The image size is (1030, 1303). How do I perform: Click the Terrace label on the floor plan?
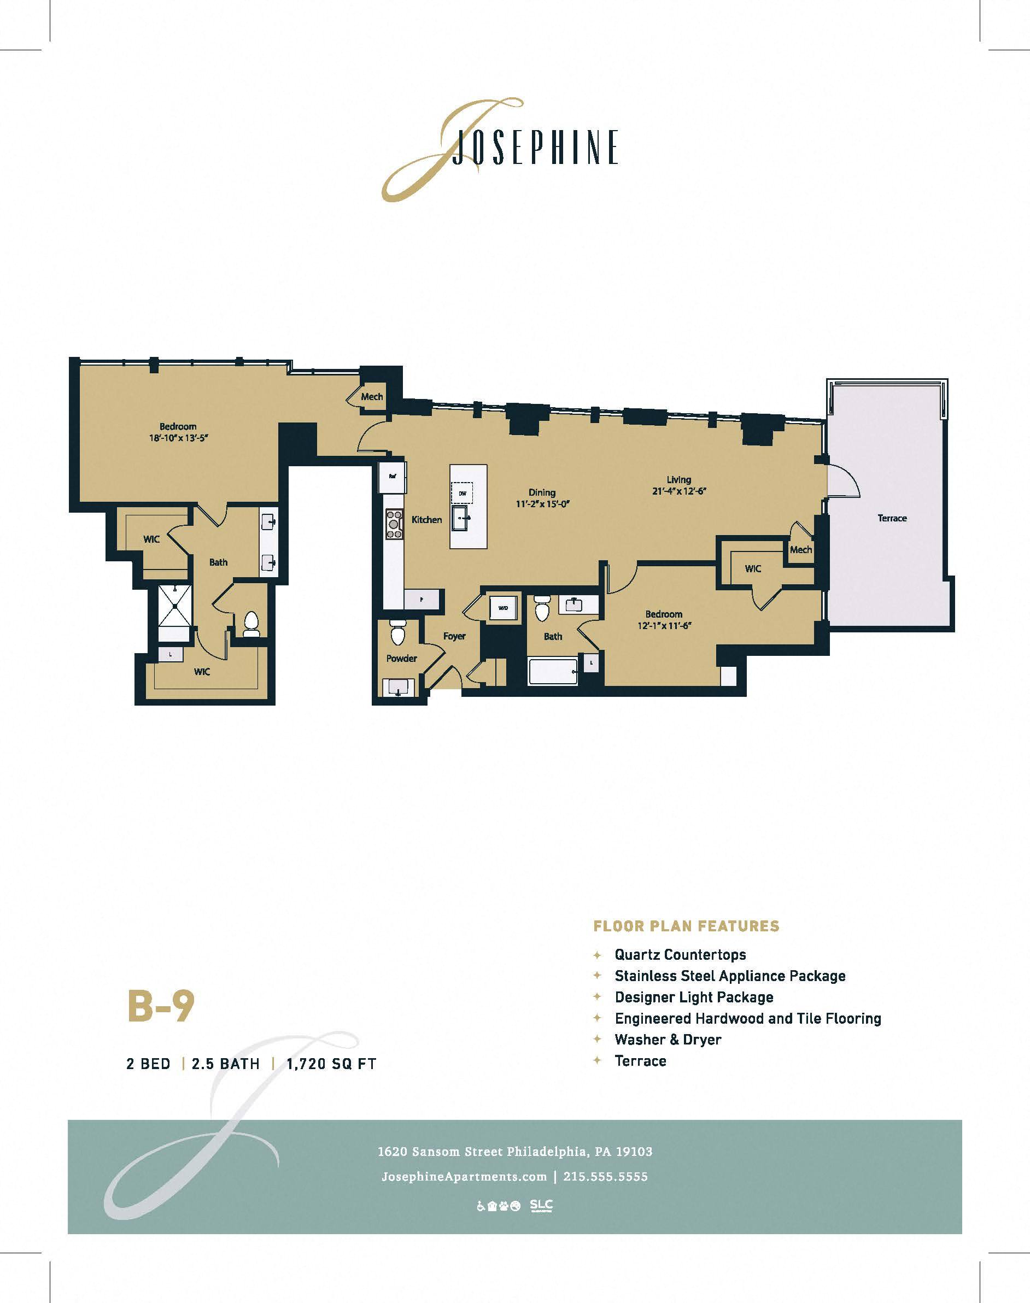click(x=892, y=518)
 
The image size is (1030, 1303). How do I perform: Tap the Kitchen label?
click(x=426, y=519)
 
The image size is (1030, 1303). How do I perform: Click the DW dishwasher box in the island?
click(x=463, y=493)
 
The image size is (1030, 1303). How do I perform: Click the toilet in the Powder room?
click(x=398, y=633)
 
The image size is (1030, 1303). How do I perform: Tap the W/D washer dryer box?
click(x=503, y=608)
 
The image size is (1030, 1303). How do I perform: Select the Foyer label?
click(x=454, y=636)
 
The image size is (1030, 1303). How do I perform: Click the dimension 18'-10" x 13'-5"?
click(x=177, y=438)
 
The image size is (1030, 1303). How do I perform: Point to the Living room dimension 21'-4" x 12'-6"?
click(x=678, y=491)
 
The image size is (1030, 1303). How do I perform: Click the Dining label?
click(x=542, y=492)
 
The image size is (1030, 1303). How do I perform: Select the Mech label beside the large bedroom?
click(x=371, y=397)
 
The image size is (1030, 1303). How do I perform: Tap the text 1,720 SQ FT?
click(x=331, y=1064)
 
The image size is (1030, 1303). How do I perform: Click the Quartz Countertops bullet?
click(x=680, y=954)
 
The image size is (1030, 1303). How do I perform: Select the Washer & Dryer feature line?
click(x=668, y=1040)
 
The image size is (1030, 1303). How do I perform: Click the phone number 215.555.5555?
click(x=605, y=1176)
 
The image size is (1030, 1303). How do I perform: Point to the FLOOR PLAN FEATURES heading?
click(x=686, y=926)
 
